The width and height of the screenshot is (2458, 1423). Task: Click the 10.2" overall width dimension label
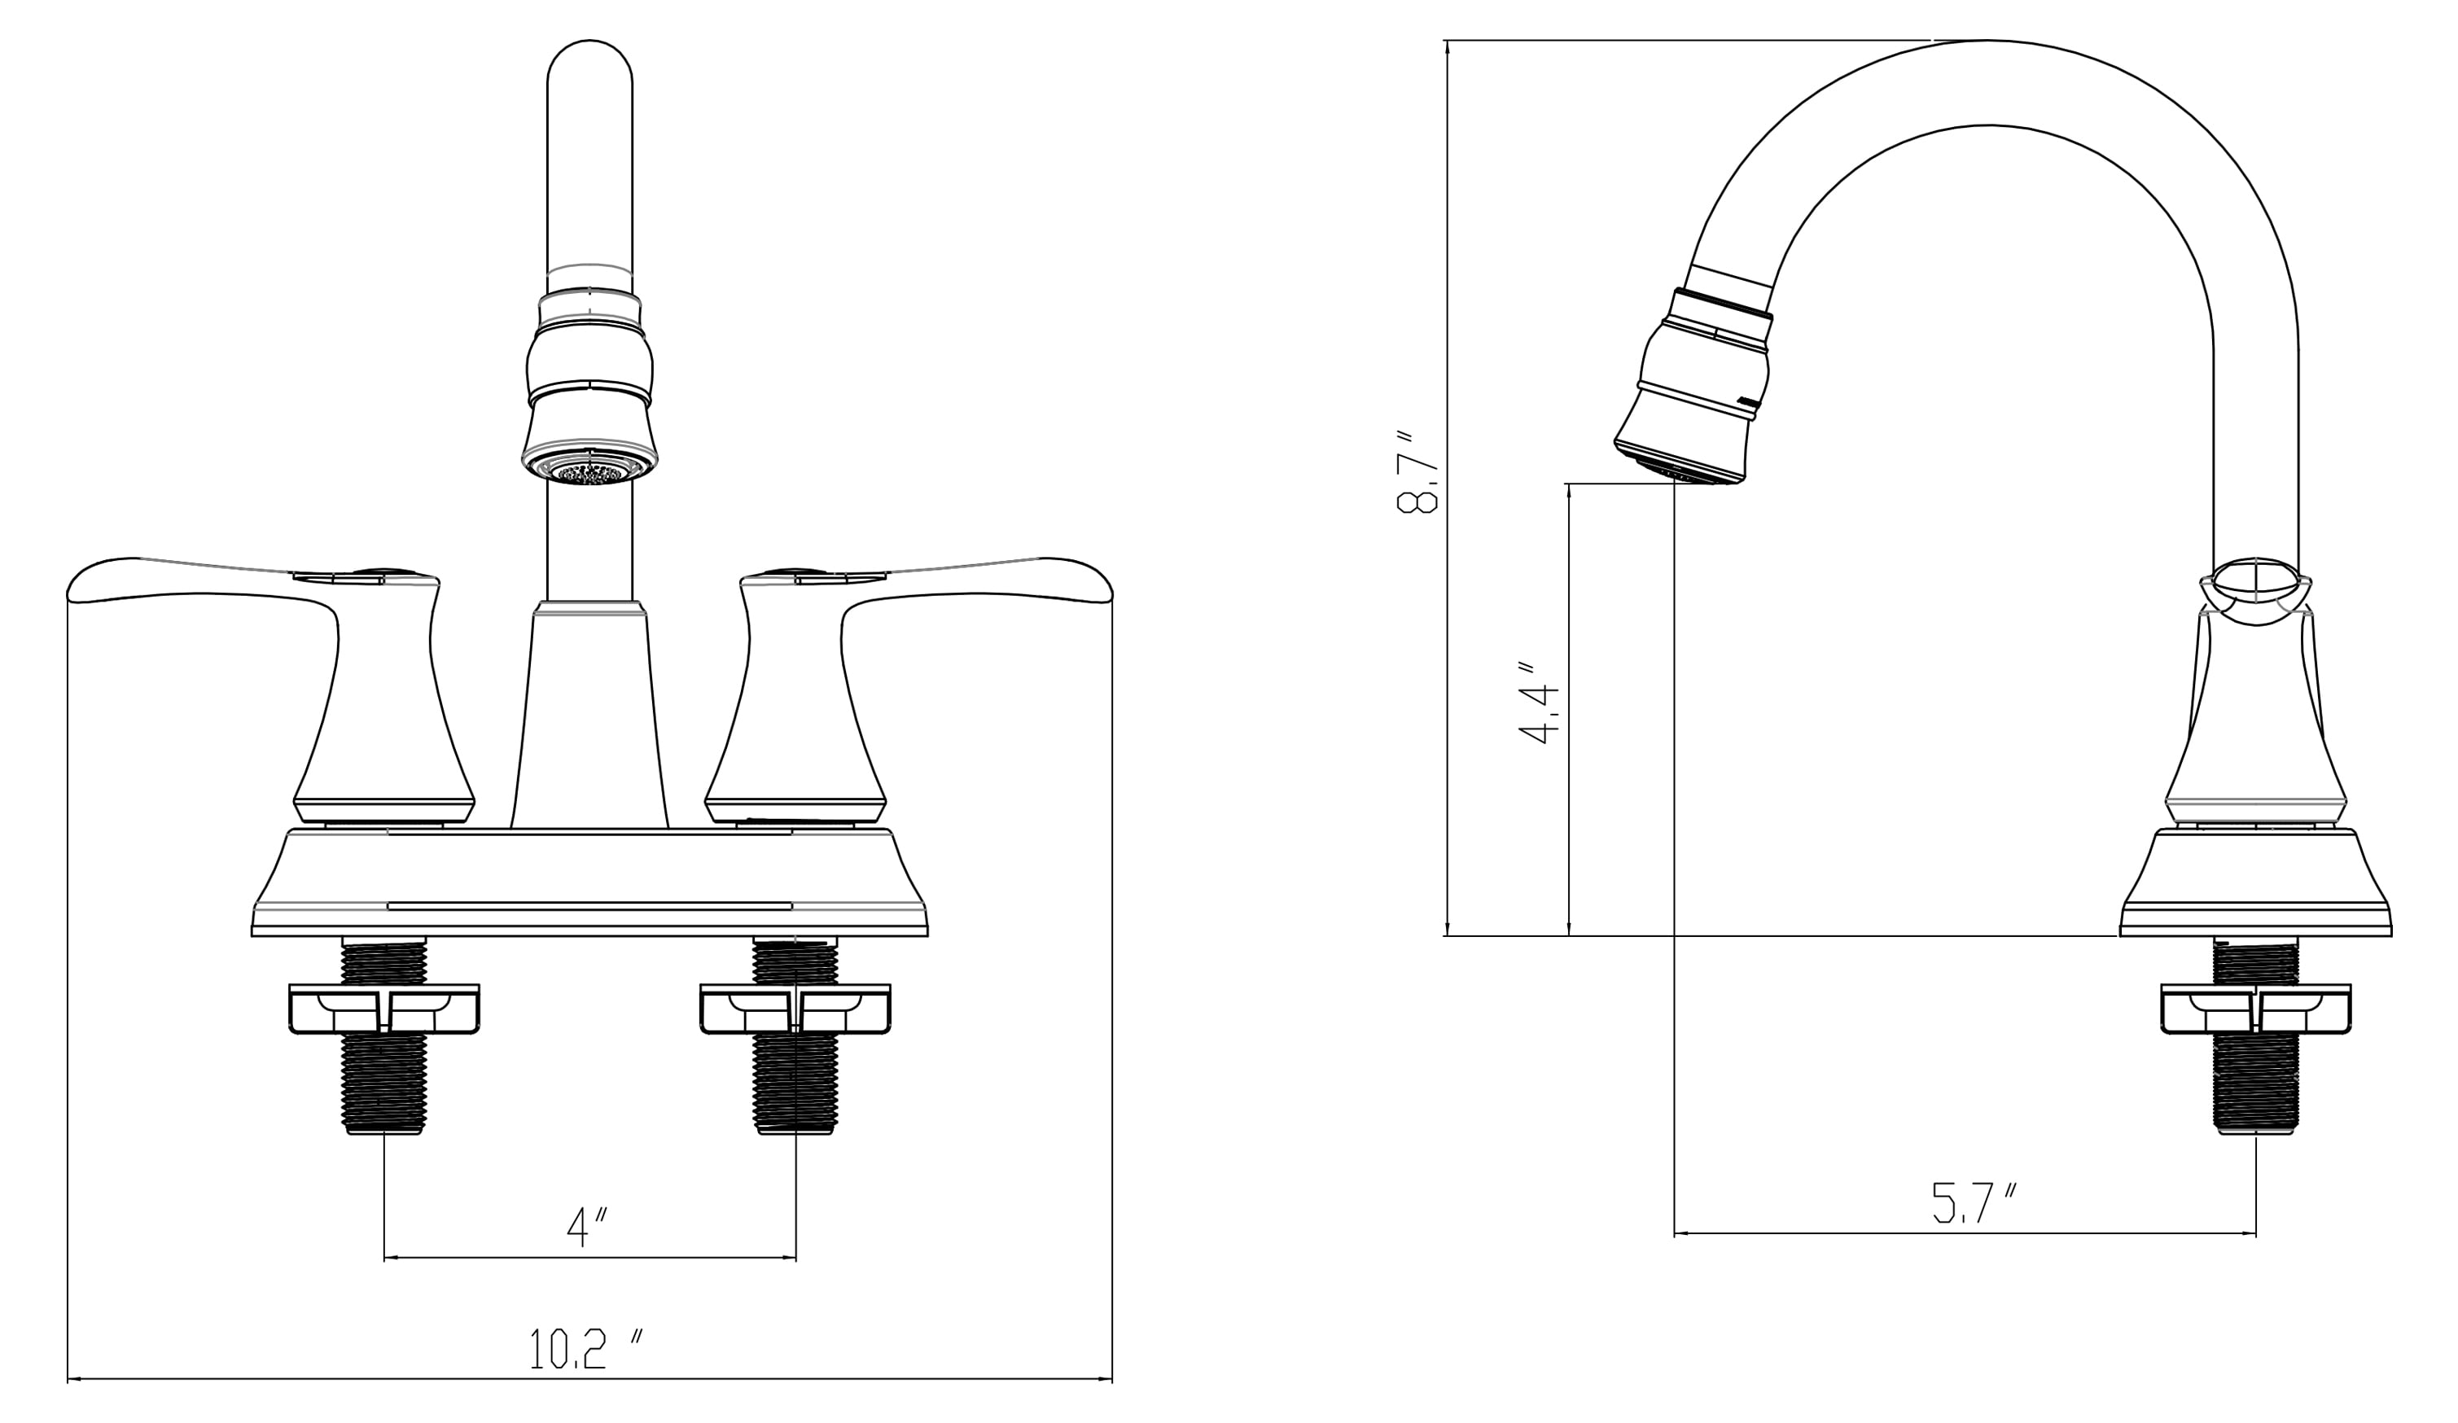[x=586, y=1349]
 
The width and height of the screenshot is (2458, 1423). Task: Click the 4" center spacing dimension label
[x=587, y=1227]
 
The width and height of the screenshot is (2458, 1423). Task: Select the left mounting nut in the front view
[x=384, y=1009]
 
